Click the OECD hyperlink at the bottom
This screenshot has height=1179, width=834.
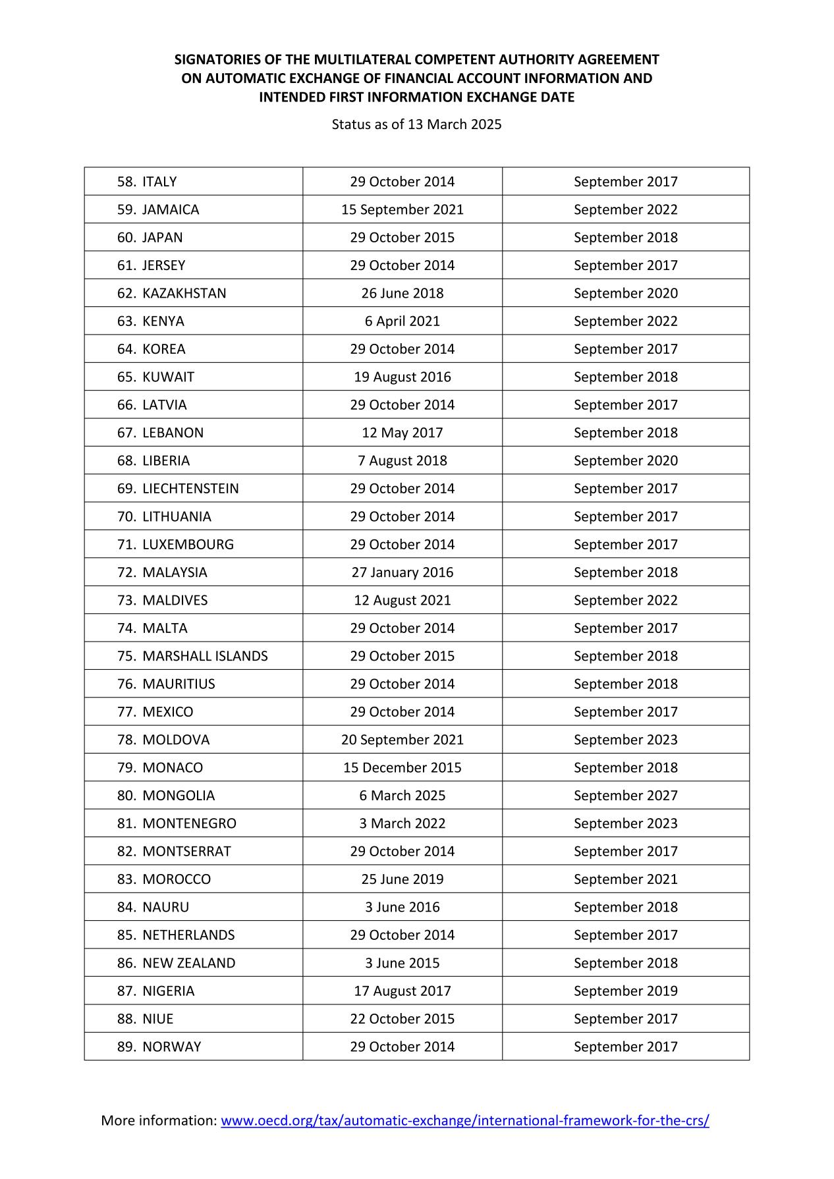464,1120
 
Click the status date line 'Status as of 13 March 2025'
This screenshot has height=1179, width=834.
416,124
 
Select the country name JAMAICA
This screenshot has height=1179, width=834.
171,209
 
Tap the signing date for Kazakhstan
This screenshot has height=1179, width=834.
402,293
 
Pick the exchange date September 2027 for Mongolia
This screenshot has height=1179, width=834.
625,795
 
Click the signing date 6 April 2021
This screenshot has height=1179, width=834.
402,321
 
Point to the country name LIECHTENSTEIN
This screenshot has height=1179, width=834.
190,488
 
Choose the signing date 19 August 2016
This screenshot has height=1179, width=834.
402,377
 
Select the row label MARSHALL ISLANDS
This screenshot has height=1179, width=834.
205,656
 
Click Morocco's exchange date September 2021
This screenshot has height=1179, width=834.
625,879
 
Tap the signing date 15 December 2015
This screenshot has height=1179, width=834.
402,767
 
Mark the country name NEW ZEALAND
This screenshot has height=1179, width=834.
188,963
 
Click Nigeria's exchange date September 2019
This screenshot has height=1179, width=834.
625,991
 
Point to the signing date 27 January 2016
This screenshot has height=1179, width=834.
402,572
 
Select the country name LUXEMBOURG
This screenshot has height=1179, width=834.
188,544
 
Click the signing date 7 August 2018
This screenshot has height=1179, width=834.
402,460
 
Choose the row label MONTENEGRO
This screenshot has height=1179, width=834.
189,823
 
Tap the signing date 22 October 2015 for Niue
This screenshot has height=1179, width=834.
402,1018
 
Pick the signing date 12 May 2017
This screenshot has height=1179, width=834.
402,433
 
